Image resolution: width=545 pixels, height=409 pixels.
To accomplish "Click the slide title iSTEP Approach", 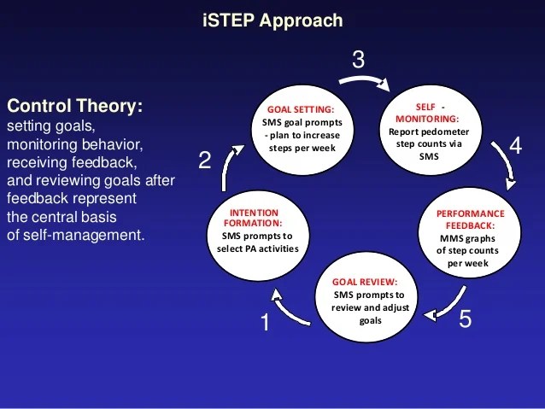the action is (x=272, y=20).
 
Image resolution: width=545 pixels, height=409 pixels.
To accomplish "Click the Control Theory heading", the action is (x=75, y=107).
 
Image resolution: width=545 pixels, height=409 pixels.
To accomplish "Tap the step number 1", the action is (x=265, y=324).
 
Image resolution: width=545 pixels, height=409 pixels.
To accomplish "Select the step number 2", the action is (x=204, y=160).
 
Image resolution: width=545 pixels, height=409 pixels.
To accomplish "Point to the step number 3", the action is (x=358, y=59).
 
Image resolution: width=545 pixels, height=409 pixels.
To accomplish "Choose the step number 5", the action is (x=465, y=320).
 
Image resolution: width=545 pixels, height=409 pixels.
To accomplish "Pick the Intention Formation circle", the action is (x=256, y=229).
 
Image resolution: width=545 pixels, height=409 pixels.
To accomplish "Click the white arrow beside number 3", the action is (x=366, y=83).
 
